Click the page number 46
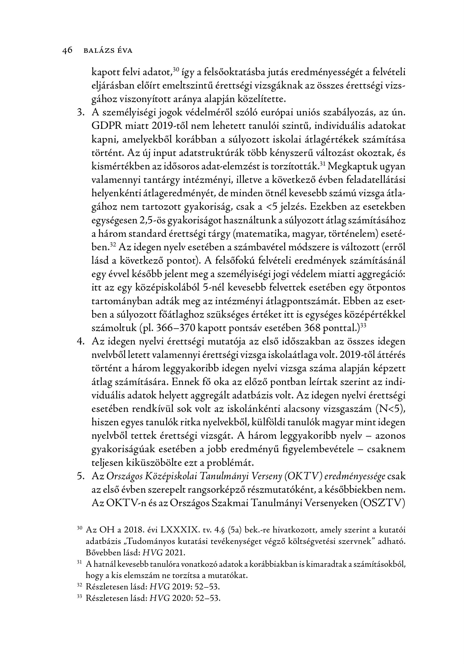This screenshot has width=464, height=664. click(67, 51)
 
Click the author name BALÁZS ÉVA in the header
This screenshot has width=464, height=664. click(108, 51)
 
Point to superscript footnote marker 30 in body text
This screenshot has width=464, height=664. click(176, 69)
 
